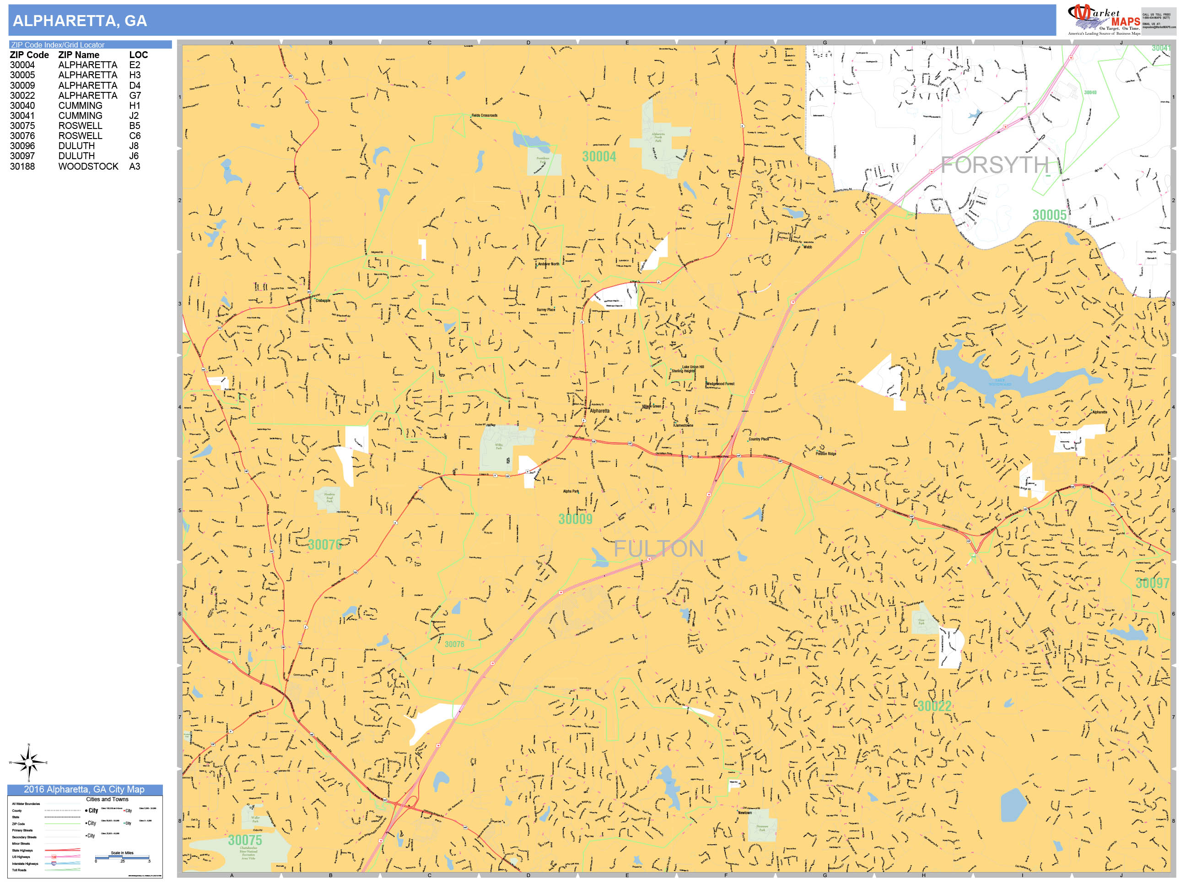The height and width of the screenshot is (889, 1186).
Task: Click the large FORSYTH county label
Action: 995,165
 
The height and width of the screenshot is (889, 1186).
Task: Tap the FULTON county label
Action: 658,549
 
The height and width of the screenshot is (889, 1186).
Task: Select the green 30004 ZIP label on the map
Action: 599,157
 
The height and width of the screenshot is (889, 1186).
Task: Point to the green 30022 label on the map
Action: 934,706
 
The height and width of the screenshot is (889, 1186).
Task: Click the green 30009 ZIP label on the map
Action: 575,519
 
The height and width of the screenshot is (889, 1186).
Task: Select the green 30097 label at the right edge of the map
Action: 1152,583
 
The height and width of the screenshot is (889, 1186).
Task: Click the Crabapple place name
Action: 323,300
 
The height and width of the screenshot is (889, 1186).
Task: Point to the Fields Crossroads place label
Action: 484,115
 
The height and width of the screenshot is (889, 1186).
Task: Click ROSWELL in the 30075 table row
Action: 80,126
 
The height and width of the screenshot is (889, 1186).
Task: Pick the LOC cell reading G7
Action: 135,96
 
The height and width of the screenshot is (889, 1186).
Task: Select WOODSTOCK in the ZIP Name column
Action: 88,166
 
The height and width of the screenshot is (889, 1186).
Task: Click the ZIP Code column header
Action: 29,55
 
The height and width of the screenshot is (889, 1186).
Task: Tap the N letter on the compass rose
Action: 29,745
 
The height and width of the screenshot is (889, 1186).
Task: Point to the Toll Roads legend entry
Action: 19,870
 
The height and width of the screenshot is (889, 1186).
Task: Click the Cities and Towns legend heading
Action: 107,799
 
